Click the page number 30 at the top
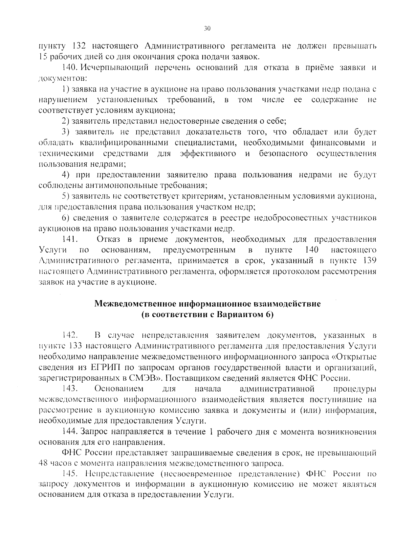(207, 29)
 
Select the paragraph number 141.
(69, 239)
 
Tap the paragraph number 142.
(70, 335)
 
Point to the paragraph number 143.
(70, 389)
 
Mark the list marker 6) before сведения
(66, 218)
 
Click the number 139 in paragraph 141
(368, 261)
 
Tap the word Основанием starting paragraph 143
(119, 389)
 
